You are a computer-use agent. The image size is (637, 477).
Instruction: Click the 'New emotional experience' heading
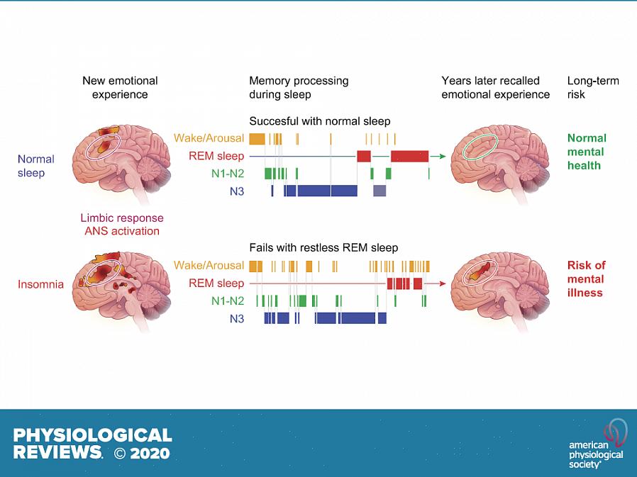pos(120,87)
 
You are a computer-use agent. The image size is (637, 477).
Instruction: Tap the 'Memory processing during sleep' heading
pos(299,87)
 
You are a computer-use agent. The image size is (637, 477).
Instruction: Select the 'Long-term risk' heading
pos(593,87)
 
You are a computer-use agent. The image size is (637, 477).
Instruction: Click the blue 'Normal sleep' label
pos(36,166)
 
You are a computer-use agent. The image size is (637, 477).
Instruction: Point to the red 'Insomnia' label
pos(40,284)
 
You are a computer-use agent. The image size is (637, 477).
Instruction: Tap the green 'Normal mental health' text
pos(587,152)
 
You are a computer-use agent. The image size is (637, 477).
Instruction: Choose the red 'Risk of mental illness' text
pos(586,279)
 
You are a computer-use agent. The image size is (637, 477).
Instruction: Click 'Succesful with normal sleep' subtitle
pos(319,121)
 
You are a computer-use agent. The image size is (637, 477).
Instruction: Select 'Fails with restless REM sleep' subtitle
pos(323,248)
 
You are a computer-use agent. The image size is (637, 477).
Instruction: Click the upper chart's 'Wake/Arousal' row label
pos(209,138)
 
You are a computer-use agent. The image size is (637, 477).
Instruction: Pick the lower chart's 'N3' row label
pos(236,319)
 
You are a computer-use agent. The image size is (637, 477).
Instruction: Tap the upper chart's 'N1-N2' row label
pos(227,173)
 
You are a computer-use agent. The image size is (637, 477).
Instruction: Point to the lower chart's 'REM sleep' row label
pos(216,284)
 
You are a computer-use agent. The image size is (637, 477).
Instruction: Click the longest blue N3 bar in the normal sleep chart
pos(326,191)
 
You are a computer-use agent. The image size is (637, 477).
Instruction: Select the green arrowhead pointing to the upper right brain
pos(442,156)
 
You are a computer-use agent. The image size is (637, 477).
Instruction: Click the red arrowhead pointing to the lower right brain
pos(442,284)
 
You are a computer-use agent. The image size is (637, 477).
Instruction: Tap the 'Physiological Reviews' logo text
pos(92,443)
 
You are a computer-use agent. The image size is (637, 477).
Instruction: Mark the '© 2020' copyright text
pos(142,452)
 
